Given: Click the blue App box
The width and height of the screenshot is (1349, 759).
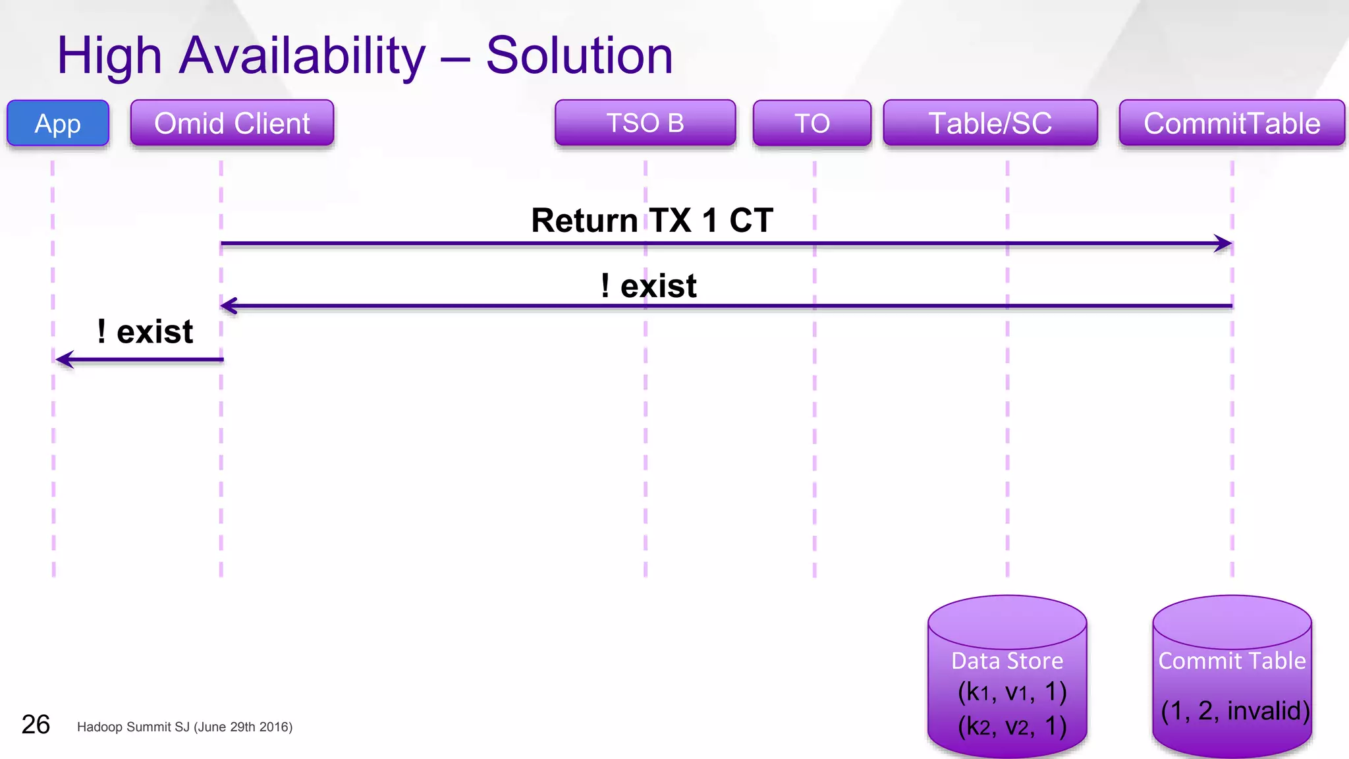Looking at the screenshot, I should click(58, 123).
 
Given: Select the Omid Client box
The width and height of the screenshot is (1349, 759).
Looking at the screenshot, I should click(232, 123).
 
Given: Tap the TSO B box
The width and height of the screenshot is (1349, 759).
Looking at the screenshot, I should click(645, 123).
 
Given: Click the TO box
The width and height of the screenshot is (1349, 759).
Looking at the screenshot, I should click(812, 123).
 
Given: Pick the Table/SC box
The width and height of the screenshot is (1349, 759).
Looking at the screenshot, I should click(990, 123).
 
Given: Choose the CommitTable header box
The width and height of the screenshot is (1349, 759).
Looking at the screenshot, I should click(1232, 123).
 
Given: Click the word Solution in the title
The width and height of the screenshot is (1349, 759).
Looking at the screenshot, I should click(579, 56).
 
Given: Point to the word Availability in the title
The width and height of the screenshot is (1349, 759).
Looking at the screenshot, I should click(302, 56).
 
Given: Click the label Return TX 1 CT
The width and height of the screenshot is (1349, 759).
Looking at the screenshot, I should click(651, 220).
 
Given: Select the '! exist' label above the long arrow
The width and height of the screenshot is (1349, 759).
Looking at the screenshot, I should click(648, 286).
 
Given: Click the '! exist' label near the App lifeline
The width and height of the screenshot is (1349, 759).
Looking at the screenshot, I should click(145, 331).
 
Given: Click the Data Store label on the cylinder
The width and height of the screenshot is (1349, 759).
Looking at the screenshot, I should click(1007, 661).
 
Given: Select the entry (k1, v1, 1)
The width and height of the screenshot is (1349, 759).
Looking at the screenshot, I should click(1012, 692).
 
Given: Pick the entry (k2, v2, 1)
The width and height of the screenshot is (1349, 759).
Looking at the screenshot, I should click(1012, 726).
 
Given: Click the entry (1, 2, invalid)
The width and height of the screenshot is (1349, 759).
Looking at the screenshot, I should click(1235, 711).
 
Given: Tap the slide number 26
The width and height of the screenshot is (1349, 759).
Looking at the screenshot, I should click(36, 725).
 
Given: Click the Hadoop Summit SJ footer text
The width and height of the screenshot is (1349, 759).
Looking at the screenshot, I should click(184, 727).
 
